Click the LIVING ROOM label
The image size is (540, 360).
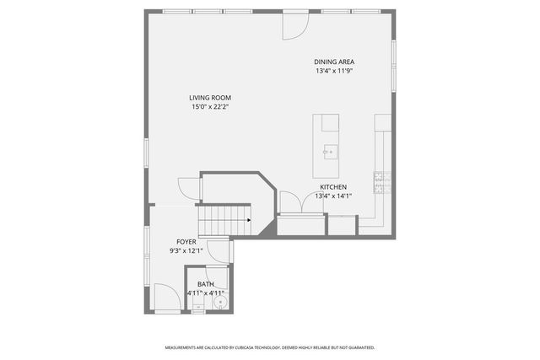click(x=209, y=98)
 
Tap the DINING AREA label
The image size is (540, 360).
click(x=333, y=62)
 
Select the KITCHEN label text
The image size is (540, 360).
click(x=332, y=187)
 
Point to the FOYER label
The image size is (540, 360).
click(x=186, y=242)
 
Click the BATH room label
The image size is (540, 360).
click(x=206, y=284)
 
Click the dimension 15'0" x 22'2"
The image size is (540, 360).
click(x=209, y=107)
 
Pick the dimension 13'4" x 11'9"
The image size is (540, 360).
click(x=333, y=71)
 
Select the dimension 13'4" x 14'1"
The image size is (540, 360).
click(x=332, y=196)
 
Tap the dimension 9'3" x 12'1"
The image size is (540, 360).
click(x=186, y=250)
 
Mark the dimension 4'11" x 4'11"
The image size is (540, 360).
click(x=206, y=293)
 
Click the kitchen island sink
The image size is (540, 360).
click(x=329, y=152)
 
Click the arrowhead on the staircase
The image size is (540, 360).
click(x=249, y=221)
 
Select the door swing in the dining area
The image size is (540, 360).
click(x=294, y=27)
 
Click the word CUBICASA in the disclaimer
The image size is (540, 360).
click(x=251, y=347)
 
